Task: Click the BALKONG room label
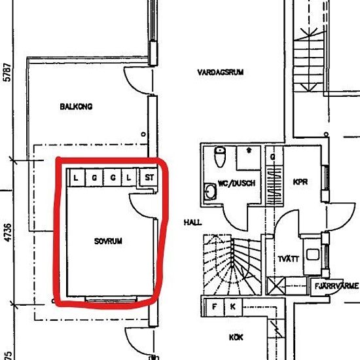76,107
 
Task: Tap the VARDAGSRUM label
221,73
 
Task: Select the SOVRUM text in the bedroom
108,241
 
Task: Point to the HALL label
193,223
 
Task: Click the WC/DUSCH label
236,183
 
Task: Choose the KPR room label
300,182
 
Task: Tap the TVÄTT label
289,259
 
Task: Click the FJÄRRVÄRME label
336,286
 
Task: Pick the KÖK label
236,337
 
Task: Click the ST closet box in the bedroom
149,177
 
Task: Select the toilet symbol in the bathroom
220,156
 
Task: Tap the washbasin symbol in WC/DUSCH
210,191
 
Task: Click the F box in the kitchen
215,307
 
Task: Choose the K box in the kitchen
233,307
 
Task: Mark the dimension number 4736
8,232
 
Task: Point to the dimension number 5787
7,72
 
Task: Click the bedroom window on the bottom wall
111,299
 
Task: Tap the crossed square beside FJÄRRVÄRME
276,286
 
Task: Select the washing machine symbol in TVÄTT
312,255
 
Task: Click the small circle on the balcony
143,134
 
